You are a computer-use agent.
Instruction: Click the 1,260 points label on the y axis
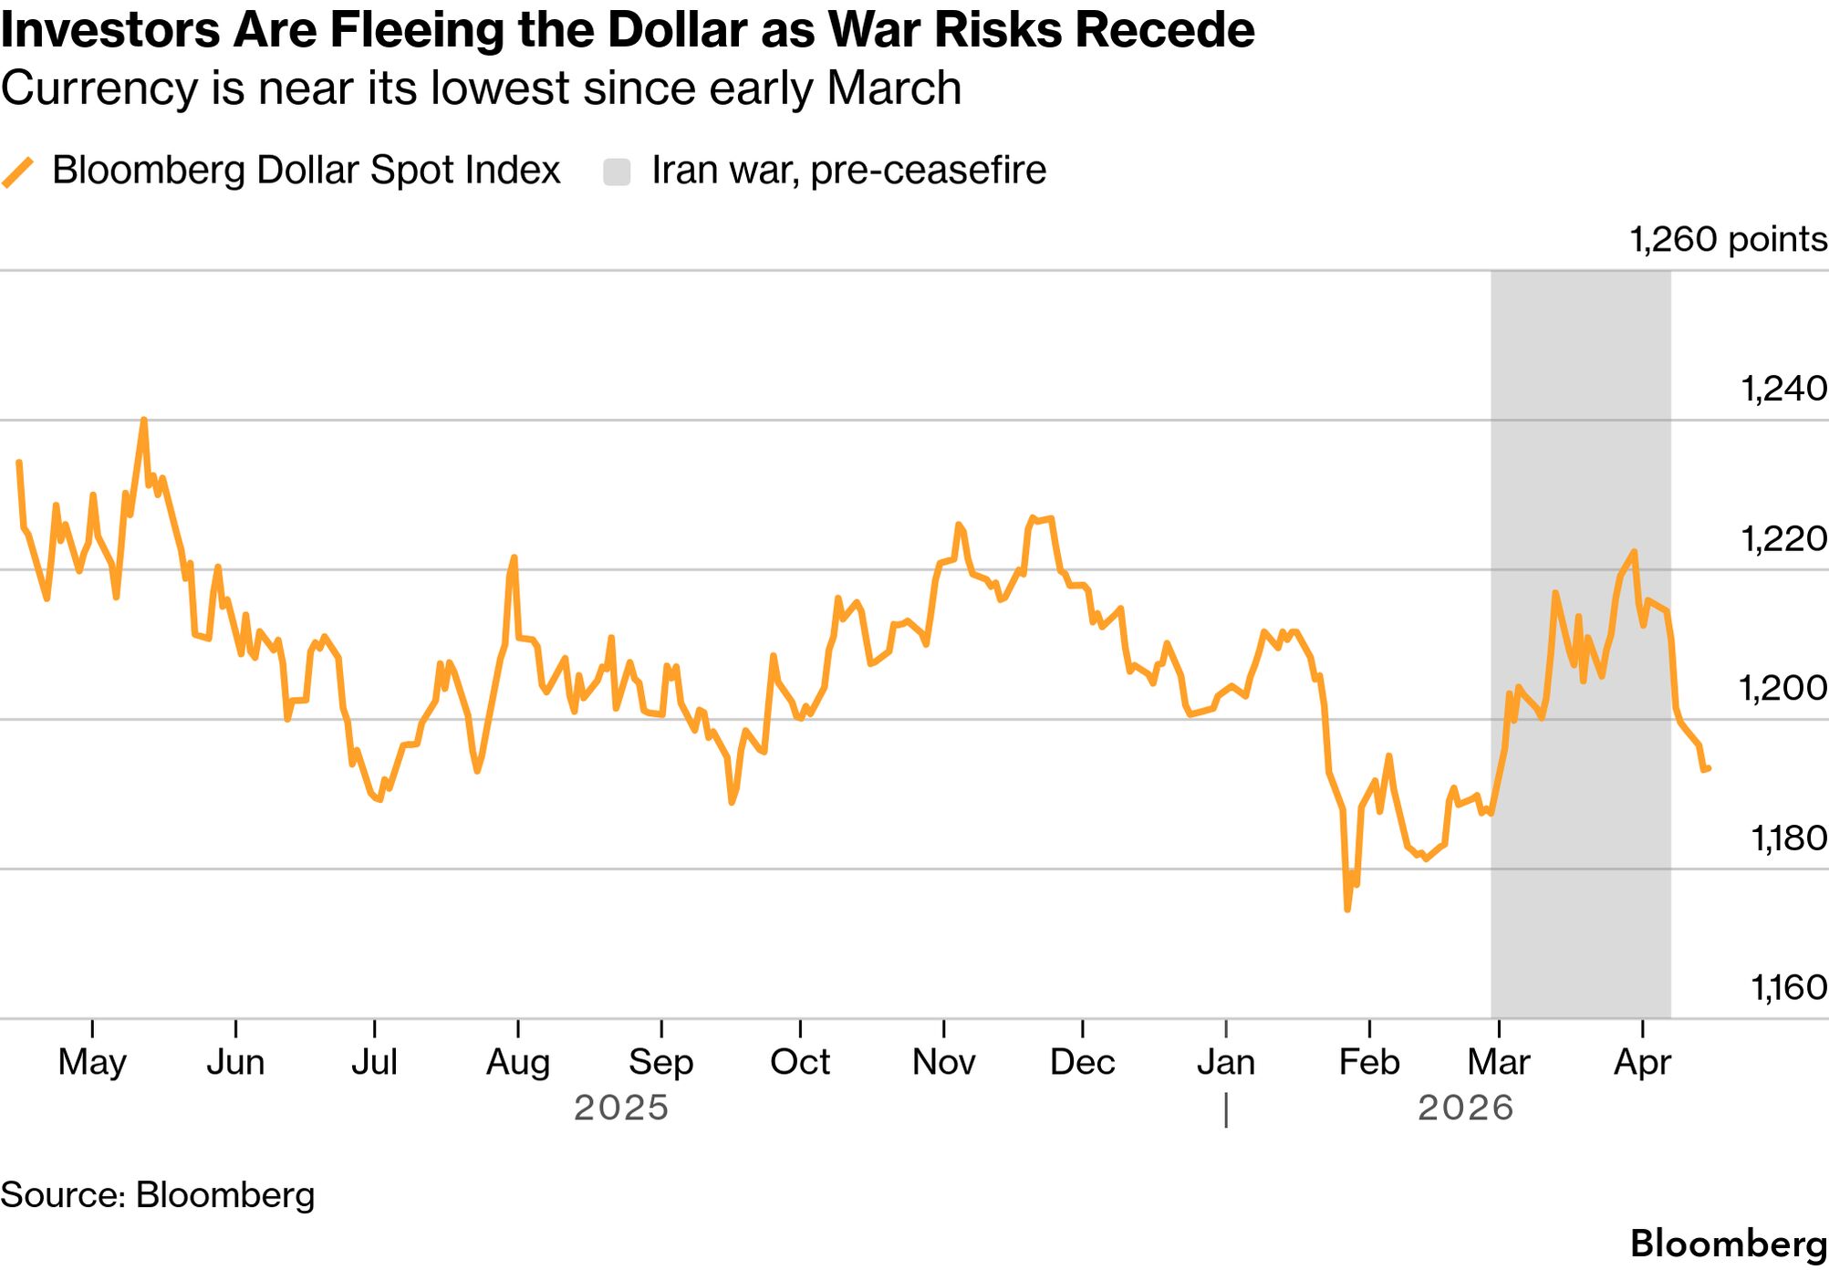pos(1728,240)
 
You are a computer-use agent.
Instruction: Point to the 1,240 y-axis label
pos(1783,389)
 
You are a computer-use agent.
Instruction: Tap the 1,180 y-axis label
pos(1788,838)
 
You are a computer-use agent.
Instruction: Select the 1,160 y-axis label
pos(1788,987)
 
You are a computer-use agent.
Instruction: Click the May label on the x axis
pos(92,1062)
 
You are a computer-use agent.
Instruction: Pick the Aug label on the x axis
pos(518,1062)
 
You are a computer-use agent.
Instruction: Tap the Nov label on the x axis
pos(944,1062)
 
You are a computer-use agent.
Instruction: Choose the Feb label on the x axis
pos(1369,1062)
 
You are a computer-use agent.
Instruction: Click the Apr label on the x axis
pos(1642,1062)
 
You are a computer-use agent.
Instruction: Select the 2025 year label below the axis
pos(621,1109)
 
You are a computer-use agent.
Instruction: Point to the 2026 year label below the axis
pos(1465,1109)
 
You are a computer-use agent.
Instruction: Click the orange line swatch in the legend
pos(18,172)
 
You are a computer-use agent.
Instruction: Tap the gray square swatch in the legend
pos(618,172)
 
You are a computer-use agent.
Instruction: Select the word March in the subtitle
pos(894,89)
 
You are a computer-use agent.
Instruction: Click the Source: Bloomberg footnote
pos(158,1195)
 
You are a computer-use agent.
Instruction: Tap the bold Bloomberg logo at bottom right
pos(1728,1244)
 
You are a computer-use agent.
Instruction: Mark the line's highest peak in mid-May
pos(144,420)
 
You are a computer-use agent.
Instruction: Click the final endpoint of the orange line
pos(1708,768)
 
